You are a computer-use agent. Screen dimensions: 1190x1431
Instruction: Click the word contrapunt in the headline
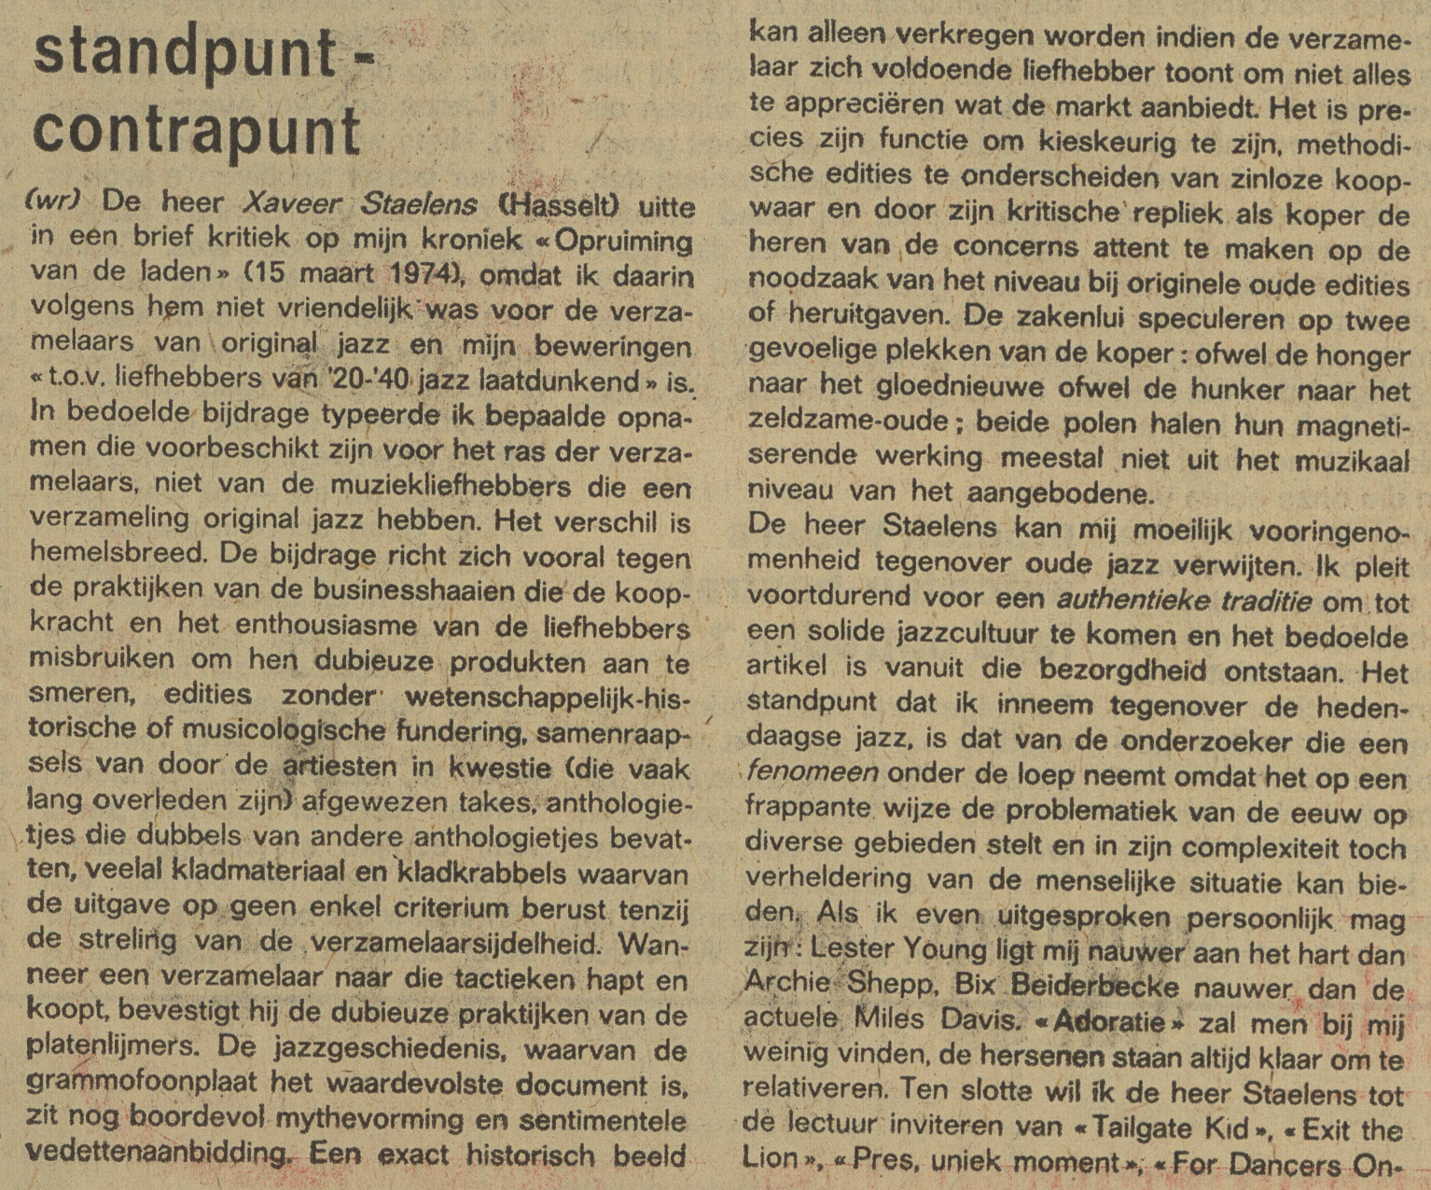tap(197, 131)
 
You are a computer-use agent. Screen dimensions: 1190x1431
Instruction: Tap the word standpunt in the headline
tap(184, 55)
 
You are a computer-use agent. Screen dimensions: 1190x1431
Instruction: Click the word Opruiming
tap(624, 240)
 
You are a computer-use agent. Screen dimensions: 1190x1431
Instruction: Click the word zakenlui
tap(1046, 317)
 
